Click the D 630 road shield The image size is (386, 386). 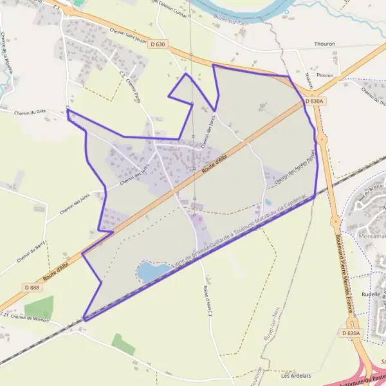tap(158, 44)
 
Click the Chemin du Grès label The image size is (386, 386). tap(28, 111)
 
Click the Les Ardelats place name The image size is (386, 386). tap(297, 376)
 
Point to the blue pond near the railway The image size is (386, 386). tap(149, 271)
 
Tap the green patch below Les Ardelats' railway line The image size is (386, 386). tap(123, 344)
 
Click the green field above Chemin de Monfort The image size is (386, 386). tap(39, 308)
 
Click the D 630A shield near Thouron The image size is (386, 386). tap(313, 102)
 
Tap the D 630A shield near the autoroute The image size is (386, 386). tap(351, 333)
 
